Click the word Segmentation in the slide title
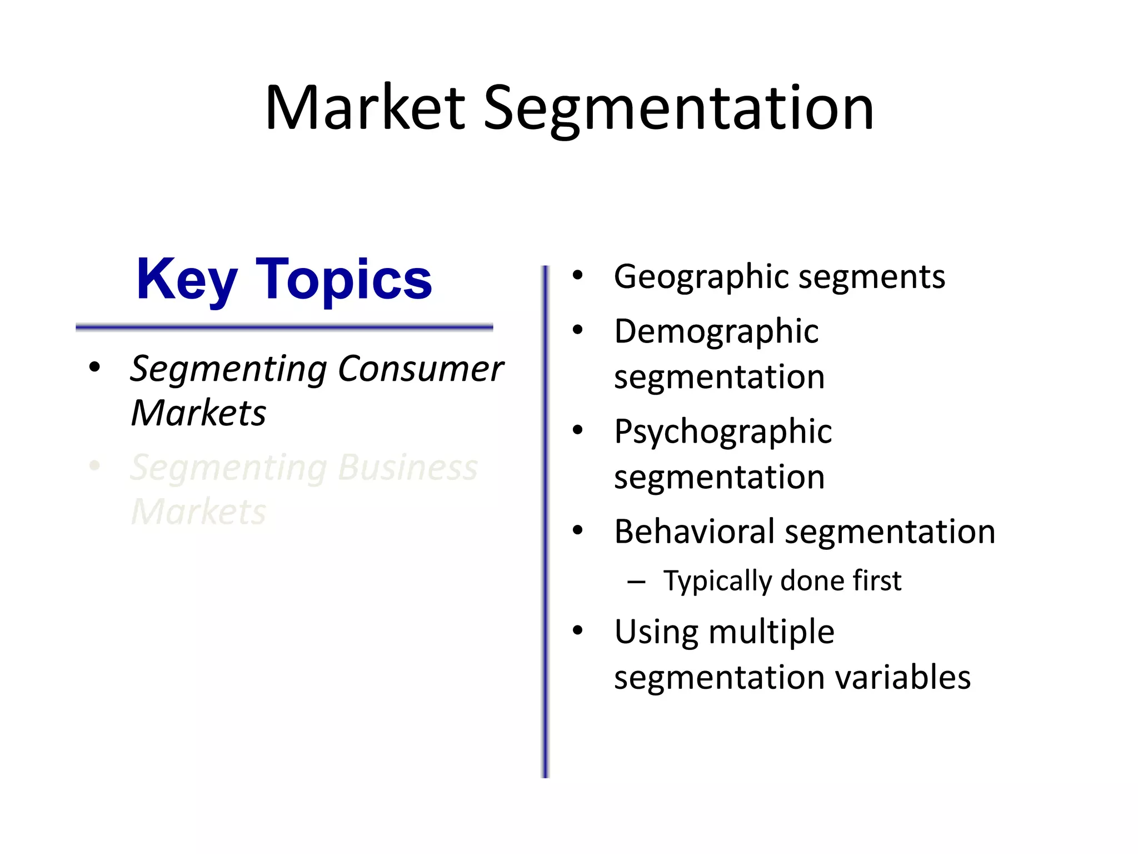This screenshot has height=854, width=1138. (678, 109)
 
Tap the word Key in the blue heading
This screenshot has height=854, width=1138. (187, 280)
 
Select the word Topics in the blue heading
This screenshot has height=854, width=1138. (343, 280)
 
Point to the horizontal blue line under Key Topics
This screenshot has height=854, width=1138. (284, 327)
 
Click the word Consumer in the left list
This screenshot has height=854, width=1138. (420, 369)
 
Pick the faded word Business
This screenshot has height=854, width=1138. (407, 468)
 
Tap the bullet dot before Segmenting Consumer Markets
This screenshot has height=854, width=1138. (94, 368)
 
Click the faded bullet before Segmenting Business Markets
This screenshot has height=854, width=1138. (94, 466)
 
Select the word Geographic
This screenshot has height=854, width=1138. (702, 277)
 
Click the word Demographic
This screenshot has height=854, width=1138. (716, 332)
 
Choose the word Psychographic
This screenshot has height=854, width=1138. (722, 432)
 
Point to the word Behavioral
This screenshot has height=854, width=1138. (694, 532)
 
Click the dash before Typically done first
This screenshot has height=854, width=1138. (636, 582)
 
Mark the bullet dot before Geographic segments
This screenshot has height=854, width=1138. (578, 275)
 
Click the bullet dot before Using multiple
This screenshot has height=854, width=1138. (578, 630)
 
